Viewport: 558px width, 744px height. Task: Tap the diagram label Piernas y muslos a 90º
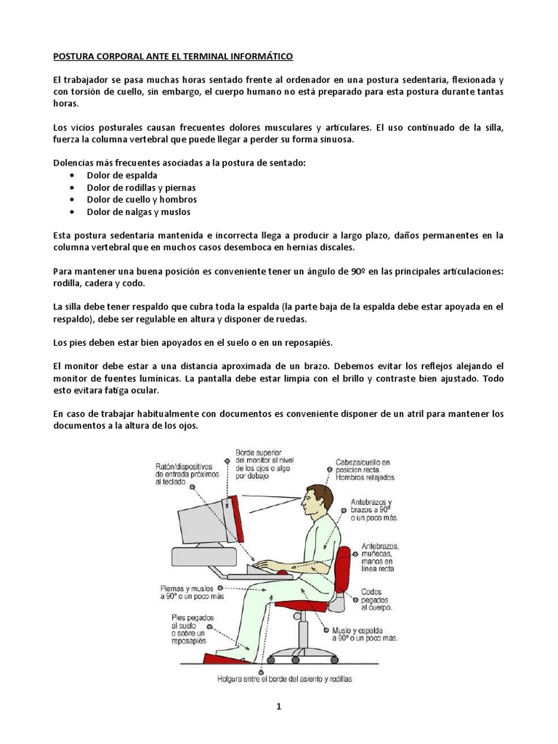[x=187, y=591]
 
